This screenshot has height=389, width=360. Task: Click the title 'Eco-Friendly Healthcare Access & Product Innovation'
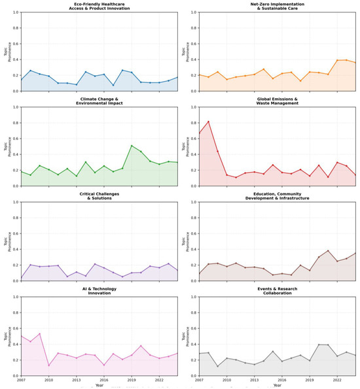(x=99, y=7)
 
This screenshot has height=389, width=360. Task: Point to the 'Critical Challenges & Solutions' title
(x=99, y=196)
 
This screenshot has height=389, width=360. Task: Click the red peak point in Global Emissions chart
(x=208, y=122)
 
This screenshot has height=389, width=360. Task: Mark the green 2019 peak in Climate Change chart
(x=132, y=146)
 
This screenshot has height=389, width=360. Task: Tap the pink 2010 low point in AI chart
(x=48, y=365)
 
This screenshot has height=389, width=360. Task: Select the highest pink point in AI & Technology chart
(x=39, y=334)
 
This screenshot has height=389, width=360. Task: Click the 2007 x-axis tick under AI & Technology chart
(x=21, y=380)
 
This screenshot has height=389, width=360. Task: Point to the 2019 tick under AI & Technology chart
(x=132, y=380)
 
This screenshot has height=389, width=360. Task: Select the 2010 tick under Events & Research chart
(x=226, y=380)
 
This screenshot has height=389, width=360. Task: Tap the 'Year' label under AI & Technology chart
(x=99, y=385)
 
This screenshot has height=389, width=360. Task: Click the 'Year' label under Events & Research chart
(x=278, y=385)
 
